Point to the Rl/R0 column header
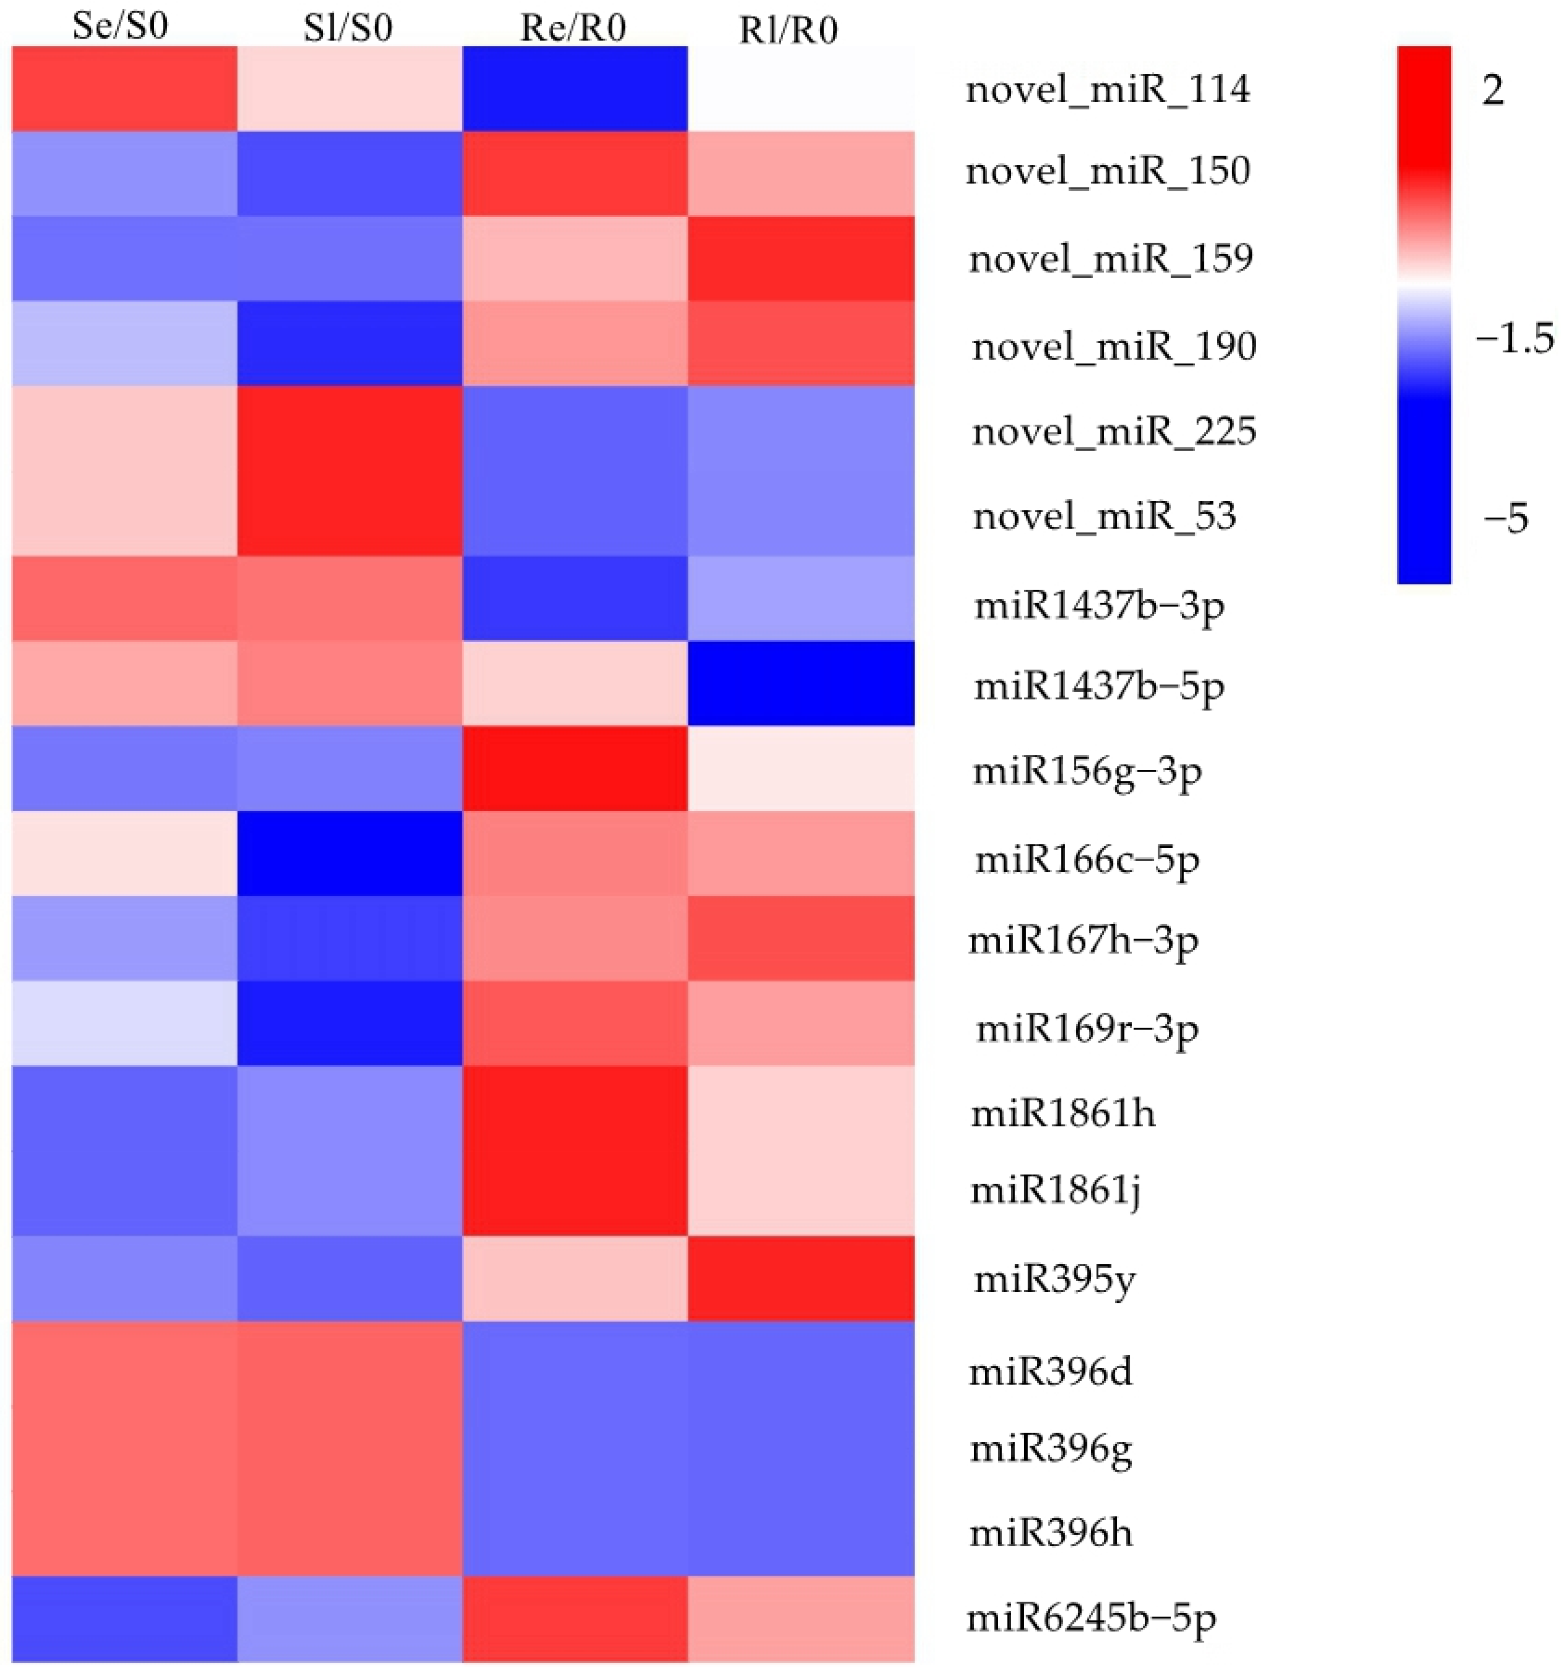(788, 30)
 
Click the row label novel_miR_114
(1107, 89)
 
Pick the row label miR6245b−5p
(1090, 1617)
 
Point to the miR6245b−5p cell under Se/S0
(124, 1618)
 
